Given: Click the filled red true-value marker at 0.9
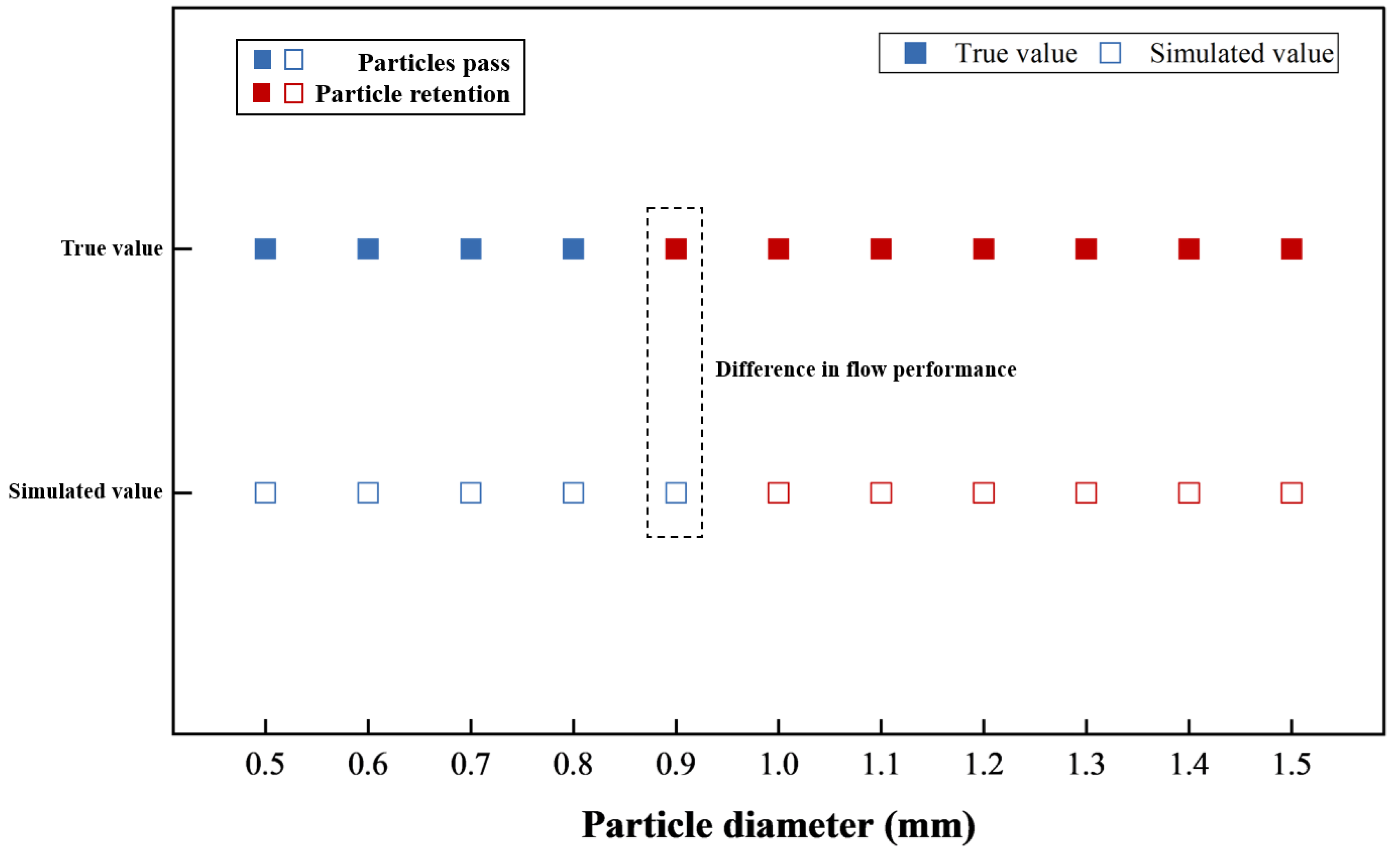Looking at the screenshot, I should pos(676,249).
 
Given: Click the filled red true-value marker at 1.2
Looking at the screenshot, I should pos(984,249).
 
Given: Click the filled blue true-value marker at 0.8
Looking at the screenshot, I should pos(573,249).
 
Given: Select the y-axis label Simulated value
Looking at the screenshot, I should pos(85,492).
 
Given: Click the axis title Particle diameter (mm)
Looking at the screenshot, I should pos(778,826).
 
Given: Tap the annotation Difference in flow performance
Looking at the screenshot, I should pos(866,370).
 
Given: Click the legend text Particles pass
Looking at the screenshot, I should pos(433,62).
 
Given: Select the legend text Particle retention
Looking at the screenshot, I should pos(412,94).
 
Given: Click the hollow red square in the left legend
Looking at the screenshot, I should pos(293,93).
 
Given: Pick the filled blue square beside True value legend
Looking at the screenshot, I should pos(915,53).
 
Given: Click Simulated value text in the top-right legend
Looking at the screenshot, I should pos(1241,53).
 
